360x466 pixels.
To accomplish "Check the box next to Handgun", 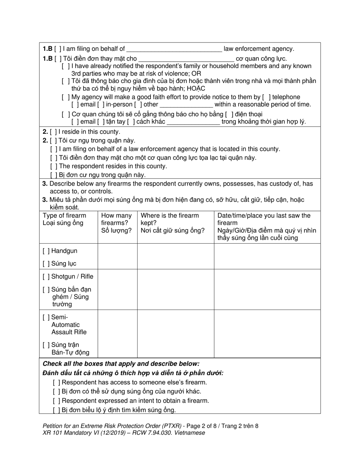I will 46,251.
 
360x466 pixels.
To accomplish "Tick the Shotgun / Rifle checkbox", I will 46,277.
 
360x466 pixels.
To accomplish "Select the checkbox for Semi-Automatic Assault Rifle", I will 46,317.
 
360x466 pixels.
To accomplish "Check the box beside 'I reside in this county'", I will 53,132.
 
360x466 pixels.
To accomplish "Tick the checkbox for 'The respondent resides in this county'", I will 53,166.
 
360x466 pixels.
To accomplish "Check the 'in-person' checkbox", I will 101,105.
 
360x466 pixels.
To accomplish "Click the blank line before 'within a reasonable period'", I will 186,105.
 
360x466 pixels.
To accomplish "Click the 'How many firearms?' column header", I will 117,223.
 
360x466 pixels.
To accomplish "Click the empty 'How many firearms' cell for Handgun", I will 117,256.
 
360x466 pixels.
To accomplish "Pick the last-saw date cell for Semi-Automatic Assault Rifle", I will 267,334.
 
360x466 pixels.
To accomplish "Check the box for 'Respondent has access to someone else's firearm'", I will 57,383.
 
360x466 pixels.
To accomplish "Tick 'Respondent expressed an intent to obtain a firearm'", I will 57,401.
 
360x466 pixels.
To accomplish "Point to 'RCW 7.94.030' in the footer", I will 149,433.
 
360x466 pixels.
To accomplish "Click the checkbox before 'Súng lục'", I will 46,264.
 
